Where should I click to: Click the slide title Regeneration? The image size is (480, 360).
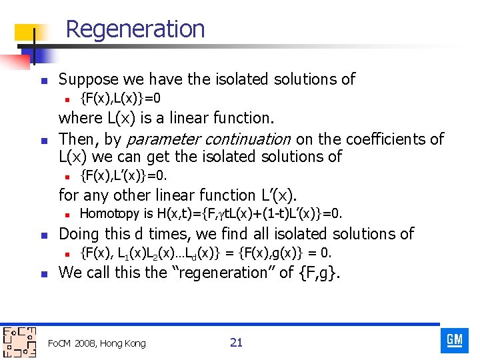(x=135, y=29)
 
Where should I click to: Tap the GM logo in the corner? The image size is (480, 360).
(x=455, y=341)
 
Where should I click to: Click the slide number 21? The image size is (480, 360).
(x=236, y=343)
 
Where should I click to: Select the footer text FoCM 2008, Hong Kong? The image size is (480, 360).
(x=97, y=343)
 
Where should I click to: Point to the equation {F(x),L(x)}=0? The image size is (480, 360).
(x=120, y=99)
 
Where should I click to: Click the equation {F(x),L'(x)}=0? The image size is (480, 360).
(x=123, y=176)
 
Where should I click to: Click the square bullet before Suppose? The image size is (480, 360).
(x=41, y=80)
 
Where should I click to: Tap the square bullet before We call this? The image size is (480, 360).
(x=41, y=273)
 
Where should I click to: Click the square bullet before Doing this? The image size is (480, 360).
(x=41, y=235)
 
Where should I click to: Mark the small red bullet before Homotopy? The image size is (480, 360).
(x=67, y=215)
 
